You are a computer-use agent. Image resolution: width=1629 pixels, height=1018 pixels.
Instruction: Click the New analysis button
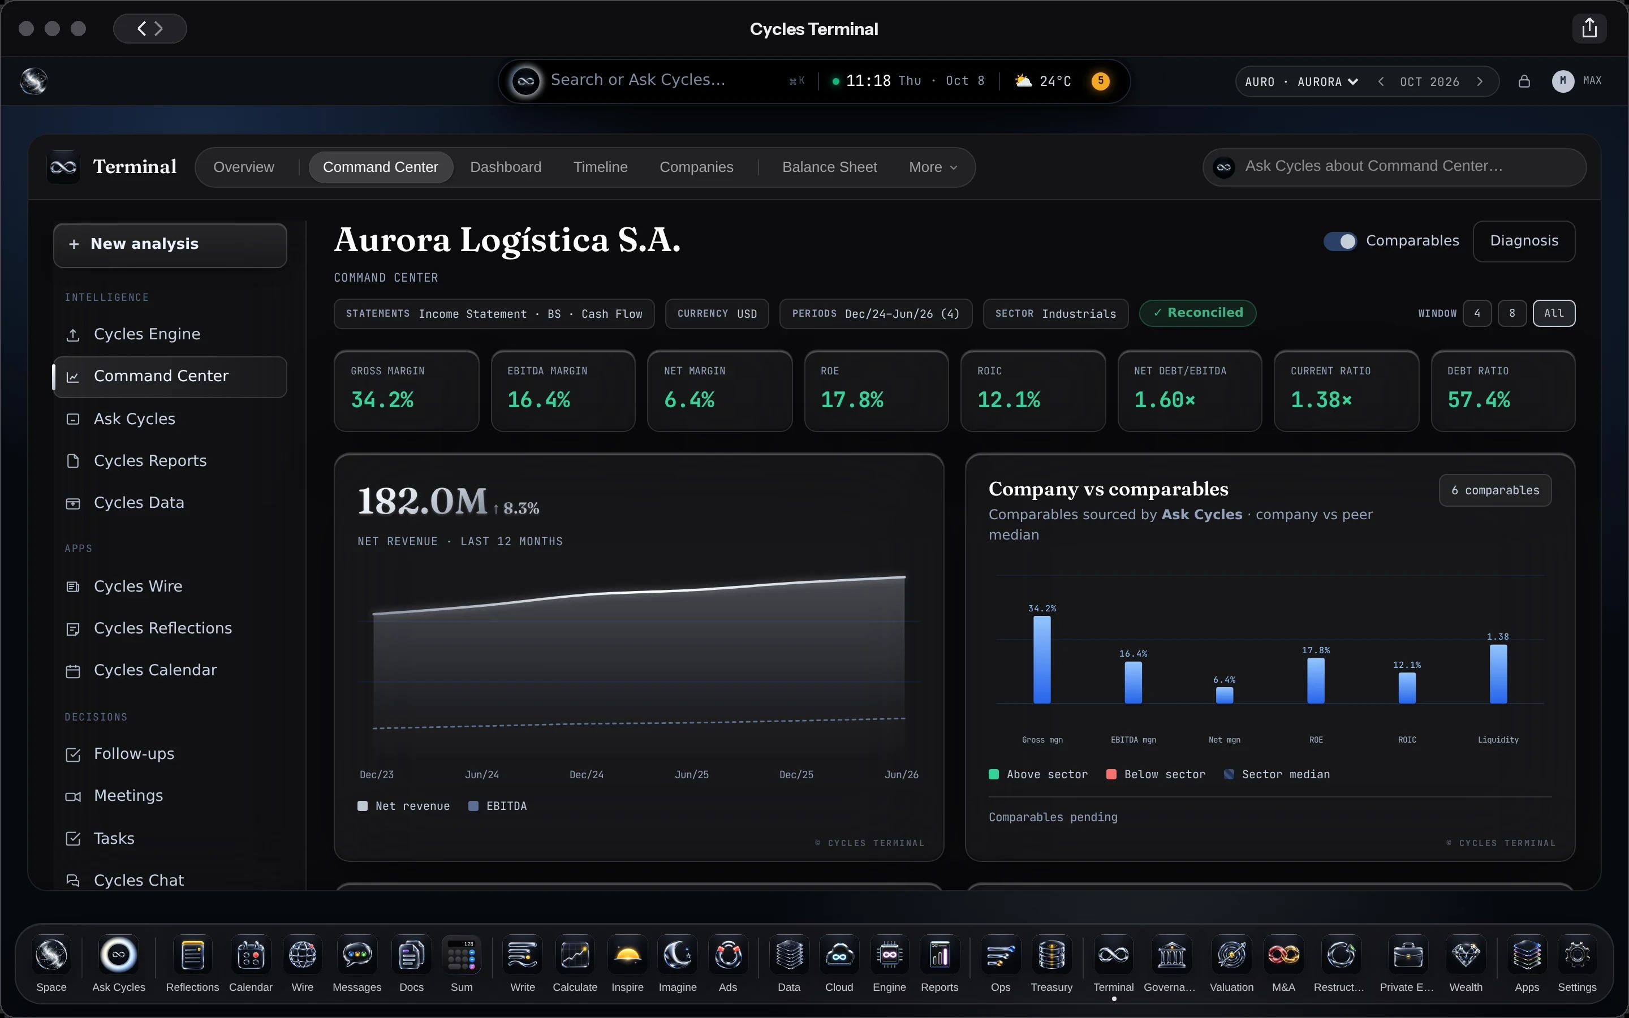coord(170,244)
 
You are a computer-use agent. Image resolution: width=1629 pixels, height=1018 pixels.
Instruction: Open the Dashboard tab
coord(506,167)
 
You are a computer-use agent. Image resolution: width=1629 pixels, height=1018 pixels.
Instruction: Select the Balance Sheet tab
coord(829,167)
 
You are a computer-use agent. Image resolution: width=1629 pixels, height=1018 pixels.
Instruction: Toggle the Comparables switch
coord(1339,241)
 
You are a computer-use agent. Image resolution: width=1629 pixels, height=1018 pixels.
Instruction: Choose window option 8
coord(1512,313)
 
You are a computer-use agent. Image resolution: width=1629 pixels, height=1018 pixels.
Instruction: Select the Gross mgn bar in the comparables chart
coord(1042,660)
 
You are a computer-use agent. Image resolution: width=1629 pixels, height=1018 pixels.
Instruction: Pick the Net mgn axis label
coord(1225,740)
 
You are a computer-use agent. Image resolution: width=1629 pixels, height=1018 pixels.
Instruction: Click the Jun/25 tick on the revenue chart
coord(691,775)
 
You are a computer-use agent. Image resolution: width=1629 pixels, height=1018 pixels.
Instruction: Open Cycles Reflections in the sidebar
coord(162,628)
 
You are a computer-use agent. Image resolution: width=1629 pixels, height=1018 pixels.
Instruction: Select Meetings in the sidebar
coord(128,796)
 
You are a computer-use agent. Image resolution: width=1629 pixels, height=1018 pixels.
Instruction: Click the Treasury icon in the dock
coord(1051,955)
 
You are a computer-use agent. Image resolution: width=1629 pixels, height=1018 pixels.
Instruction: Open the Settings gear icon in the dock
coord(1576,955)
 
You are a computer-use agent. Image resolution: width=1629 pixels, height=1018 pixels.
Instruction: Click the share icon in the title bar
coord(1589,28)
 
